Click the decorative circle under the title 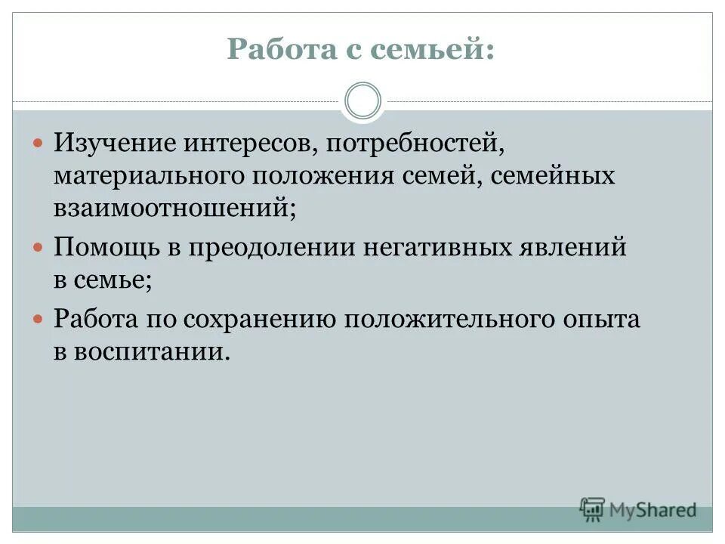[362, 101]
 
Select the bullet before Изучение [39, 141]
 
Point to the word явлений [578, 247]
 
